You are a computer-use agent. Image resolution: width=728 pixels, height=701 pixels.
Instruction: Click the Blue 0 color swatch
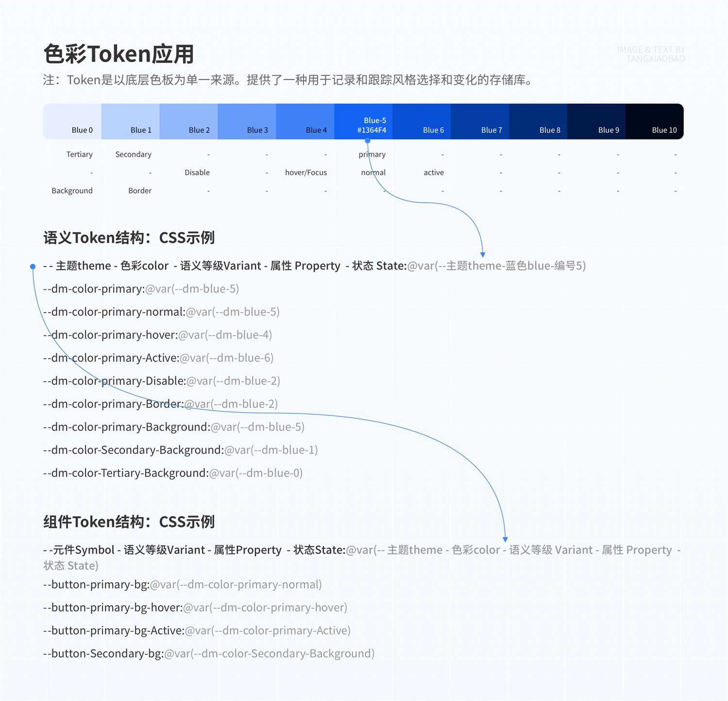72,121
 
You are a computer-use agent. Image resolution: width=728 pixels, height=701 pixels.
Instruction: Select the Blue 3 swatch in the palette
247,121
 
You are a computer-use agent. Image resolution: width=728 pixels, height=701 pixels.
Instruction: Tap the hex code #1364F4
372,130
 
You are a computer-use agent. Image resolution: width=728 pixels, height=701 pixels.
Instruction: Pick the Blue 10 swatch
654,121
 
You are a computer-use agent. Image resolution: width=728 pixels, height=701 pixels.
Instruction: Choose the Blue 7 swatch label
491,130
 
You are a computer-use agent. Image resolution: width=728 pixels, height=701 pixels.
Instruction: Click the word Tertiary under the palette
80,154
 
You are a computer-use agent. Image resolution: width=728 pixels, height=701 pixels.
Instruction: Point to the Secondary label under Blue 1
133,154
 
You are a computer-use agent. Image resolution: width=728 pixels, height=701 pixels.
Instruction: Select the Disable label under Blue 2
197,173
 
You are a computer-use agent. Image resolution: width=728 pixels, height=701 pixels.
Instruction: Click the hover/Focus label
306,173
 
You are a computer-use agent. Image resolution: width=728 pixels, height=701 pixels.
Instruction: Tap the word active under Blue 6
433,173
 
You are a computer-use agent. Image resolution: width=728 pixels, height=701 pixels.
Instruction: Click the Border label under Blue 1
140,191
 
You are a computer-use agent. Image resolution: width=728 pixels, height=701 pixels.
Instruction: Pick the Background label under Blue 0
72,191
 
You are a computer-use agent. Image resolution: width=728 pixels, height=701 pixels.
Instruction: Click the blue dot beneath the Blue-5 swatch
368,141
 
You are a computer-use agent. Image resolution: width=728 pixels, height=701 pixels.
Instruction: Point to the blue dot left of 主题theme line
33,266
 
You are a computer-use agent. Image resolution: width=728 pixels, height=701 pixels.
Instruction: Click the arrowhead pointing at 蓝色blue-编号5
483,255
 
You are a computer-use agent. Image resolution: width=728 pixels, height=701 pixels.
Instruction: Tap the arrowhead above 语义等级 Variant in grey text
505,539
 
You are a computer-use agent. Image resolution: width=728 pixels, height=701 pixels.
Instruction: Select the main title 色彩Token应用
118,54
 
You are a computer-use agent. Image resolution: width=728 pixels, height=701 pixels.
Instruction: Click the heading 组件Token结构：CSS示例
129,522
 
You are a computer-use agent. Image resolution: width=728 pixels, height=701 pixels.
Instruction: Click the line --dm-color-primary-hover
157,335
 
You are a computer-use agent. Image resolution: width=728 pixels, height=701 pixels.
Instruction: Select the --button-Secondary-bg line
209,653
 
